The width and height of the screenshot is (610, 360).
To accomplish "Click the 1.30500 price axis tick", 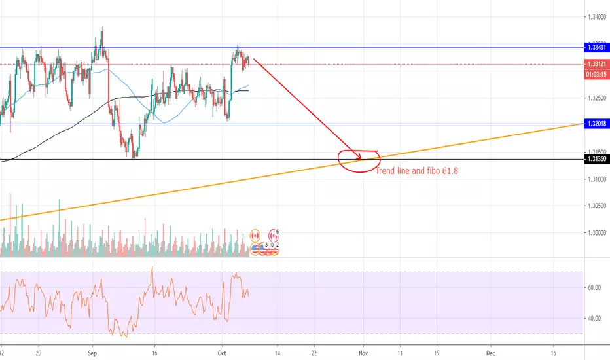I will point(596,206).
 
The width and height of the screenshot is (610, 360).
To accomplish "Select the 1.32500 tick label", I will point(596,99).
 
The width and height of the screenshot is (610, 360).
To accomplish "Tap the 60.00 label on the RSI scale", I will point(594,288).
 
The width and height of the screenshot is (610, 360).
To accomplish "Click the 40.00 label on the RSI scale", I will point(594,319).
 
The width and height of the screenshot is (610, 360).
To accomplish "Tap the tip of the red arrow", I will point(361,158).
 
